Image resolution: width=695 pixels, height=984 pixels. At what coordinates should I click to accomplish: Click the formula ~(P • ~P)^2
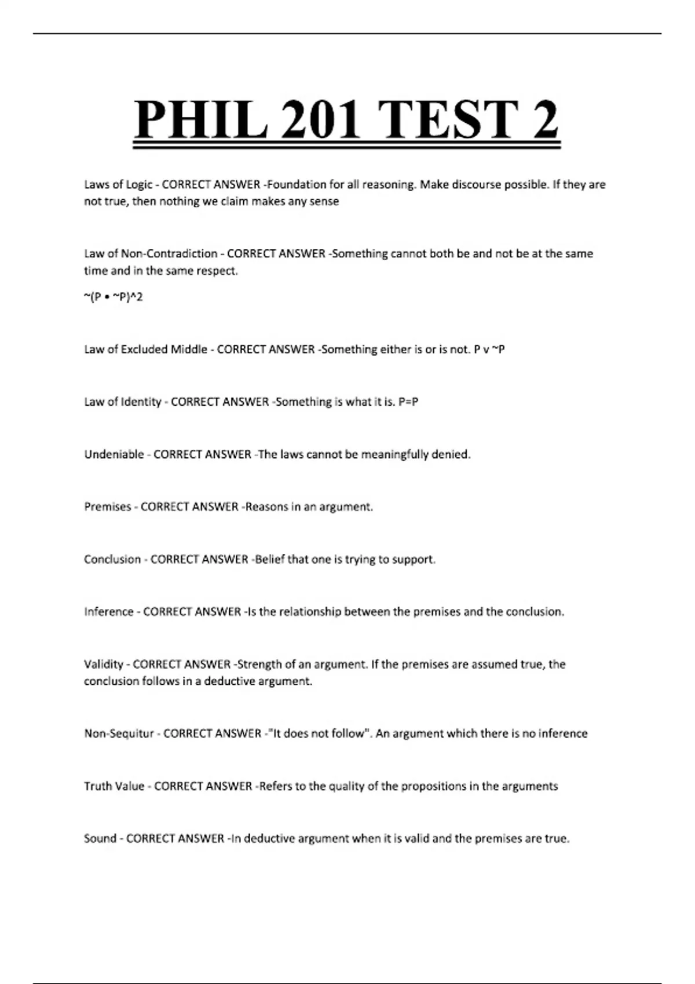tap(114, 297)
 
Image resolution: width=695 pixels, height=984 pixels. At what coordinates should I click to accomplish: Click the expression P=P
tap(408, 402)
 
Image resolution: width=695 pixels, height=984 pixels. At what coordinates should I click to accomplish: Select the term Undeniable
tap(114, 454)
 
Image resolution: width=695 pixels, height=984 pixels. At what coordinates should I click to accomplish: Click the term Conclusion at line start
tap(112, 560)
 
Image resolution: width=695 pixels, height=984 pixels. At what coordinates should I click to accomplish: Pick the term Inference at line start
tap(108, 612)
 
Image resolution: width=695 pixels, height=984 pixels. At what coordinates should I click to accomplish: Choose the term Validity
tap(104, 664)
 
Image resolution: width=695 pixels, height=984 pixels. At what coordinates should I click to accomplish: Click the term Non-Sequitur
tap(119, 734)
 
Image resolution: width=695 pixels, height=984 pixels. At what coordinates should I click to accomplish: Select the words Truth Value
tap(114, 786)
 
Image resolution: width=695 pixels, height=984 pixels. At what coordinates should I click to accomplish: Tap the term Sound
tap(100, 839)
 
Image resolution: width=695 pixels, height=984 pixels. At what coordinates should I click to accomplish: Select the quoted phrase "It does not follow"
tap(318, 734)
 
